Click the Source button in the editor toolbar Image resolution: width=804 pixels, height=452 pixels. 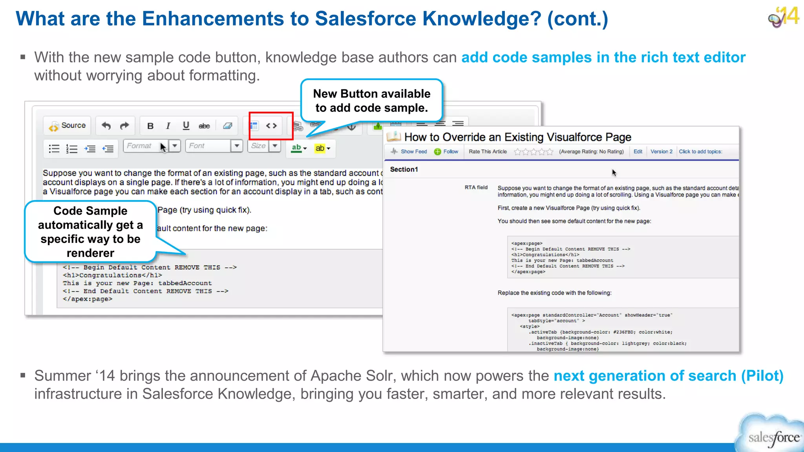pyautogui.click(x=68, y=126)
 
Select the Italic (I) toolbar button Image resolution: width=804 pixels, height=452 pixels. pyautogui.click(x=168, y=126)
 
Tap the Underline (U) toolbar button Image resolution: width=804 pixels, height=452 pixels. pyautogui.click(x=186, y=126)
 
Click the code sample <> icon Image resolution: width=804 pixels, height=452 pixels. pyautogui.click(x=271, y=126)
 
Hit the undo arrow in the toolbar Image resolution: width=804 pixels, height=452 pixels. pyautogui.click(x=106, y=126)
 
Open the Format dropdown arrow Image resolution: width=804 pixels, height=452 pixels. pyautogui.click(x=175, y=146)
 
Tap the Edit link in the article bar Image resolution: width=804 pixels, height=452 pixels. pyautogui.click(x=638, y=152)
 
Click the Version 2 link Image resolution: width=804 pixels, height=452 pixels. pyautogui.click(x=661, y=152)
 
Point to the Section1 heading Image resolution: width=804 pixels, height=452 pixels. pyautogui.click(x=404, y=169)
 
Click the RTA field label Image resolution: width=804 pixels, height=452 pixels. pyautogui.click(x=476, y=188)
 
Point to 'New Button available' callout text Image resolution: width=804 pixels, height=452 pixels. pyautogui.click(x=371, y=94)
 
